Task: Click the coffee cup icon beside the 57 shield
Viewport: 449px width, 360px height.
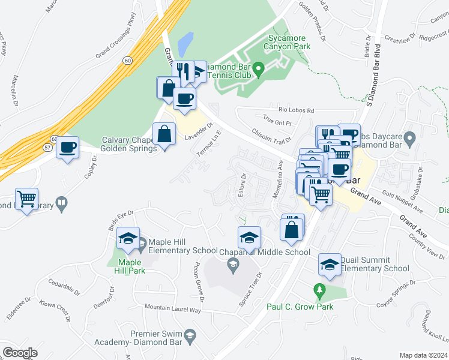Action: pyautogui.click(x=67, y=147)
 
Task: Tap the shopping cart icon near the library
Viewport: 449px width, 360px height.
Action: pyautogui.click(x=26, y=199)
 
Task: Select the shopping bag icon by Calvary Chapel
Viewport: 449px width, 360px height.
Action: pyautogui.click(x=164, y=134)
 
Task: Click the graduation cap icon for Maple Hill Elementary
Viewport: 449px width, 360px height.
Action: pyautogui.click(x=128, y=238)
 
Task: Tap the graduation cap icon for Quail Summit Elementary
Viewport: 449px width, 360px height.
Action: pyautogui.click(x=330, y=265)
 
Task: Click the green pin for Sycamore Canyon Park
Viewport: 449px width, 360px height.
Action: pyautogui.click(x=259, y=70)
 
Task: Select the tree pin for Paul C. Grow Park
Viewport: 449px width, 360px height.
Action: pyautogui.click(x=319, y=292)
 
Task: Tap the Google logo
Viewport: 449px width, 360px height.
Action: pyautogui.click(x=20, y=352)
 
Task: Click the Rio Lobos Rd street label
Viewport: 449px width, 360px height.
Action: pyautogui.click(x=297, y=110)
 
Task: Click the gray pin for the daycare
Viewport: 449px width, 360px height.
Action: pyautogui.click(x=410, y=140)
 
